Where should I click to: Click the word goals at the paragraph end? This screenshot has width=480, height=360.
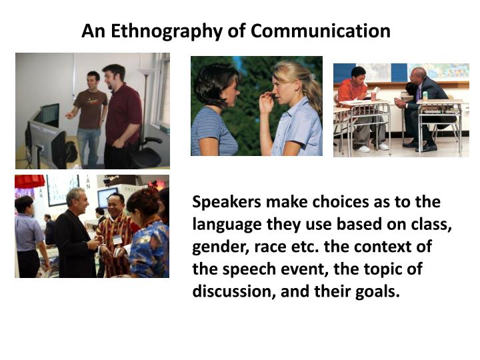point(378,291)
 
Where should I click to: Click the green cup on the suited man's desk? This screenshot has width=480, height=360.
point(425,95)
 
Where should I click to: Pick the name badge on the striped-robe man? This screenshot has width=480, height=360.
point(118,239)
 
